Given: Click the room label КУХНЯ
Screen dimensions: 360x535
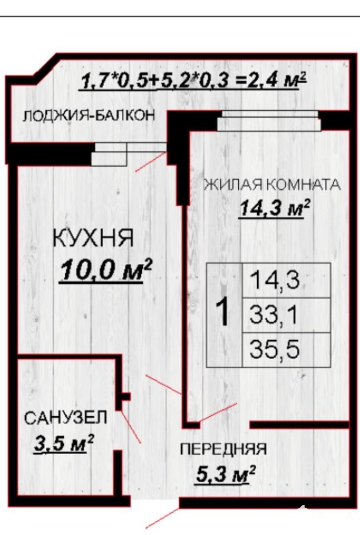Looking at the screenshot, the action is (x=93, y=238).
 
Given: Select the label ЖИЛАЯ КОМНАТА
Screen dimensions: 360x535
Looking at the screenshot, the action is (x=272, y=184).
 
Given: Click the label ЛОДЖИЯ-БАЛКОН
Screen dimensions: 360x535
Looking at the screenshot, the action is (x=89, y=116).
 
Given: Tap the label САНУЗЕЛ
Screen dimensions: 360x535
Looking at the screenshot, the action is (x=66, y=417).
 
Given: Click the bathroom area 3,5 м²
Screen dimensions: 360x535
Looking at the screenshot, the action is (x=63, y=443).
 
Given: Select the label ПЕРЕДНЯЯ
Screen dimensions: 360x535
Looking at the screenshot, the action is (x=223, y=449).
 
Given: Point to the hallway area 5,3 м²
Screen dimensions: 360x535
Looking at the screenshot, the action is (x=226, y=474).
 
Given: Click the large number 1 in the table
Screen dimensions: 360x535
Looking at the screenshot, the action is (x=224, y=311).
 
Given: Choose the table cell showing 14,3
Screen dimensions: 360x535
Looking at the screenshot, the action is (x=286, y=280).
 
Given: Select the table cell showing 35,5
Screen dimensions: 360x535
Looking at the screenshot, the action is (x=286, y=350).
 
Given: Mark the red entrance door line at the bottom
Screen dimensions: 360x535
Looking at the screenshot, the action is (x=163, y=518).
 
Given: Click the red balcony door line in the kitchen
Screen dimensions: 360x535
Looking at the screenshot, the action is (x=151, y=162).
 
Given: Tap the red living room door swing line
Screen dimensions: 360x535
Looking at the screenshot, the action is (x=218, y=412).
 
